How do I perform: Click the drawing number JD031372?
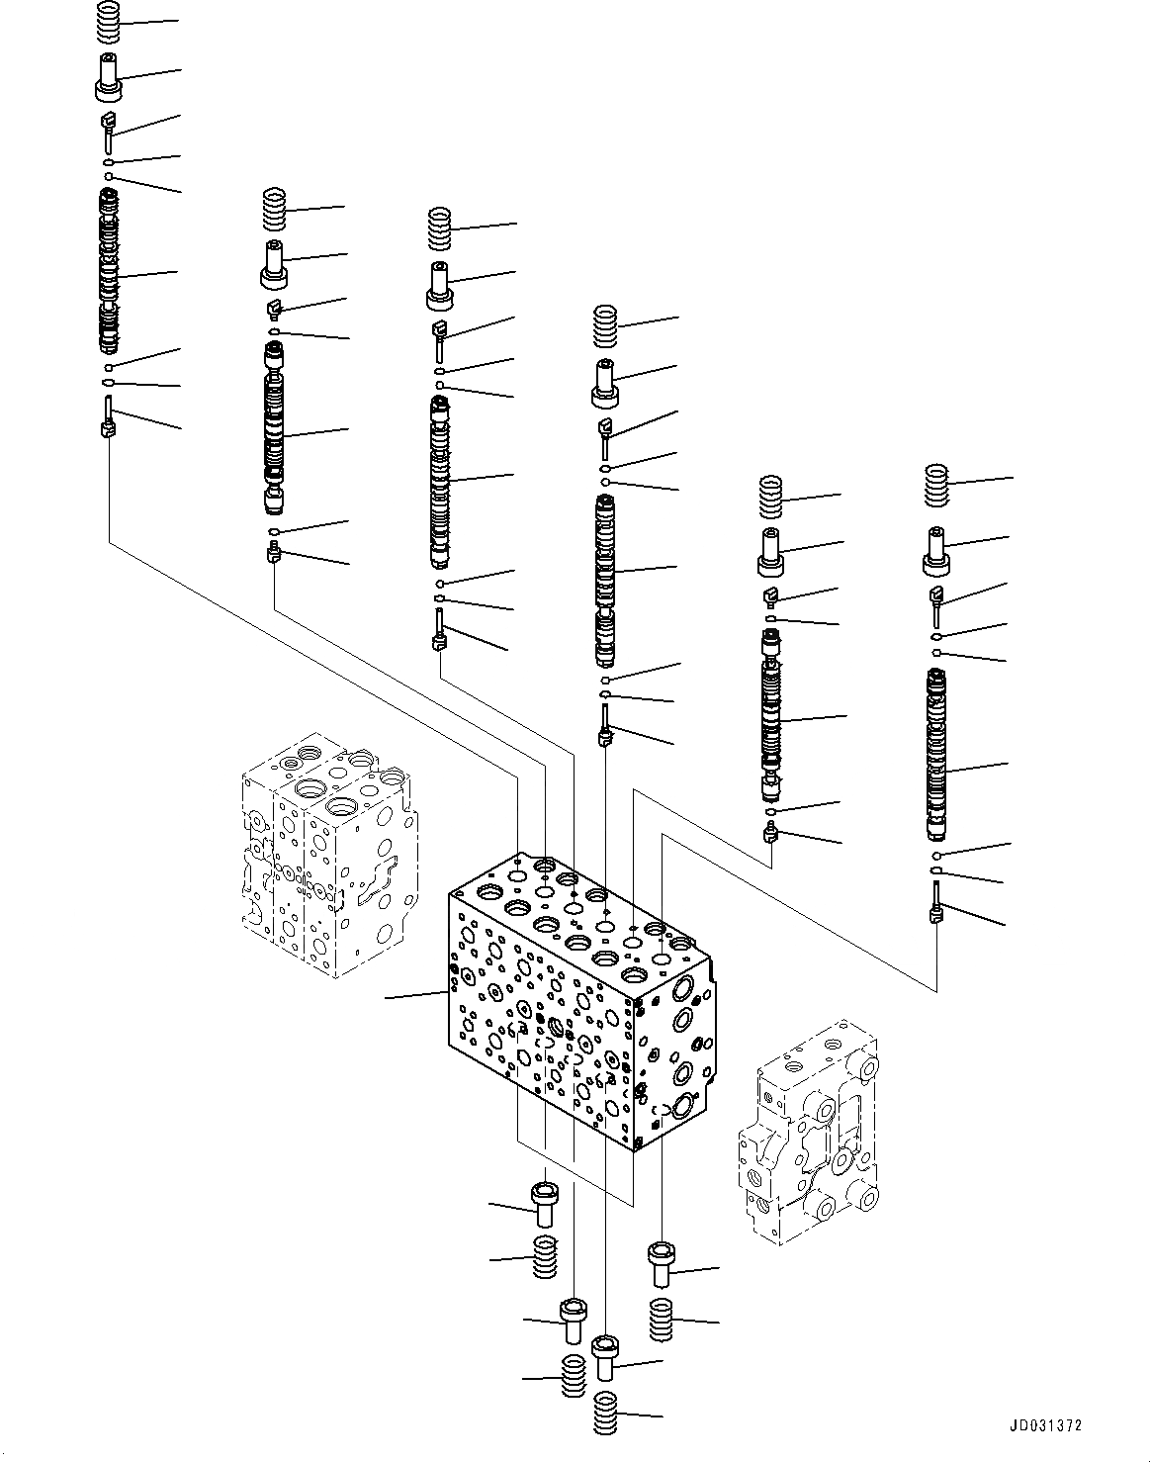pyautogui.click(x=1046, y=1425)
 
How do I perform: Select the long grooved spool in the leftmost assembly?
pyautogui.click(x=109, y=273)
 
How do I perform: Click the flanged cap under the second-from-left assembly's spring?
pyautogui.click(x=273, y=263)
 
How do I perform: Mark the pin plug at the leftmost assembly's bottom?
pyautogui.click(x=109, y=420)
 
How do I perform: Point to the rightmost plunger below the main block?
pyautogui.click(x=660, y=1265)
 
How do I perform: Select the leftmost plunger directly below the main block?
pyautogui.click(x=544, y=1200)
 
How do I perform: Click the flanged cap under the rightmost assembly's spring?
pyautogui.click(x=936, y=552)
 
